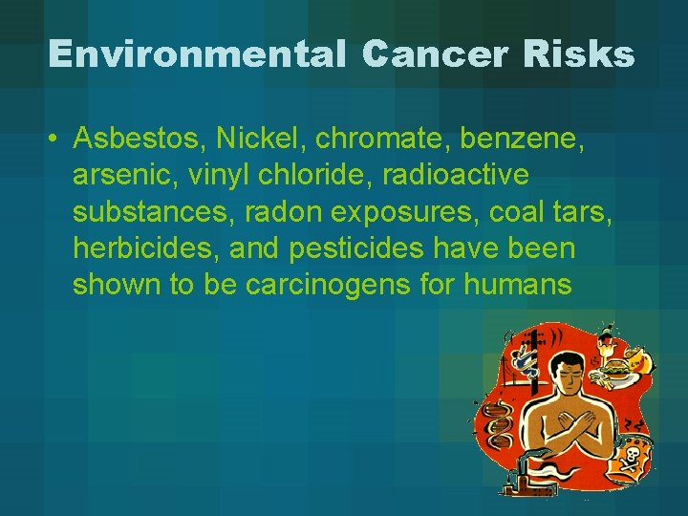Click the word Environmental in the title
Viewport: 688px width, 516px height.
196,54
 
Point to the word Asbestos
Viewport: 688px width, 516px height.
139,140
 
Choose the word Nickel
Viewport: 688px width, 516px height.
254,140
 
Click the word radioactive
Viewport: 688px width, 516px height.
448,176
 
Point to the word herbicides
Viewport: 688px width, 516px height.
144,248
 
